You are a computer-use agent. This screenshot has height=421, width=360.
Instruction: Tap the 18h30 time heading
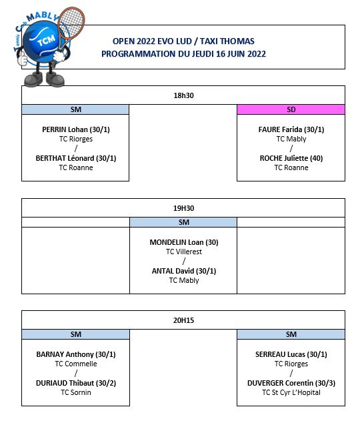click(x=183, y=95)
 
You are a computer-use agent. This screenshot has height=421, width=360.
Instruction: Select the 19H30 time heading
click(x=183, y=208)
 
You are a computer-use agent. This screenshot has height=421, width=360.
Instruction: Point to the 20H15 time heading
click(x=183, y=320)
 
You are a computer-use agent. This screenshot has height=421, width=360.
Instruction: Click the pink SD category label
click(x=291, y=109)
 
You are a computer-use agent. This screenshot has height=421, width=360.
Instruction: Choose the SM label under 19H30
click(x=184, y=222)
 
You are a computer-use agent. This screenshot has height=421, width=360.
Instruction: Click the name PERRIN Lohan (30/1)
click(x=76, y=129)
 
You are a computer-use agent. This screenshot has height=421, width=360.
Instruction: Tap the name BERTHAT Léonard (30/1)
click(x=76, y=158)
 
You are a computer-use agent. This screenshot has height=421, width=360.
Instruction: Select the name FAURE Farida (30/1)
click(x=291, y=129)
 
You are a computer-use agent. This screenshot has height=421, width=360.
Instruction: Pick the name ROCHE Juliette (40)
click(x=291, y=158)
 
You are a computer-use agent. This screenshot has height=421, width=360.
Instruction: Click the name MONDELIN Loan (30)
click(x=184, y=242)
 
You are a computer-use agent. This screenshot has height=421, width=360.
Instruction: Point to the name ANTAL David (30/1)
click(x=184, y=271)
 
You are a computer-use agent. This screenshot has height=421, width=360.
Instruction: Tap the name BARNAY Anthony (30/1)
click(x=76, y=354)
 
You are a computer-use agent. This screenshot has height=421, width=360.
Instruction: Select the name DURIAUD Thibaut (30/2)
click(x=76, y=383)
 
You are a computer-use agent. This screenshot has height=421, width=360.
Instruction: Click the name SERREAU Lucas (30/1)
click(x=291, y=354)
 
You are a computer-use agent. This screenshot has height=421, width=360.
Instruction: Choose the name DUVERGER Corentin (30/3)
click(x=291, y=383)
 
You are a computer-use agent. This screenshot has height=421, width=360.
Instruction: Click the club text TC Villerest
click(x=184, y=252)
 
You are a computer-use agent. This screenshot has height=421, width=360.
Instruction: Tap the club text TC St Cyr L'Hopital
click(x=291, y=392)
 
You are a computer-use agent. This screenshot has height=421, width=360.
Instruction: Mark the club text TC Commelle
click(x=76, y=364)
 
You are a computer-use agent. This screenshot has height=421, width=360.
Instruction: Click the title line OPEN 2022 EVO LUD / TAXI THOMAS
click(x=183, y=41)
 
